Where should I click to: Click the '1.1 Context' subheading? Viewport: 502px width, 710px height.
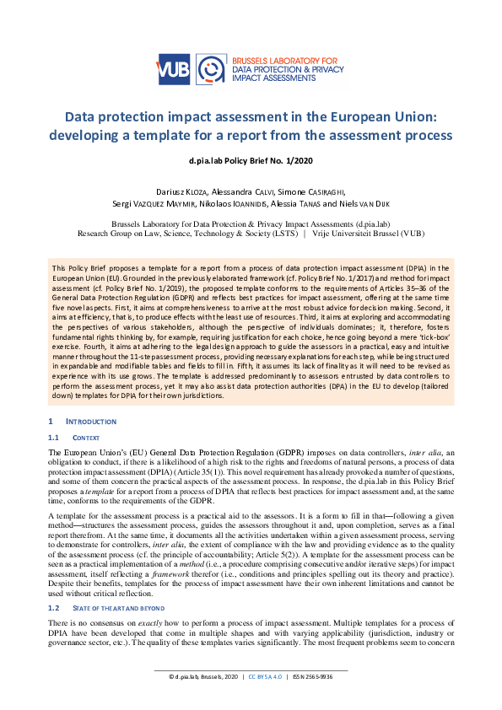click(86, 438)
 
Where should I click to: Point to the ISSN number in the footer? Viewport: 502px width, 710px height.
click(312, 699)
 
